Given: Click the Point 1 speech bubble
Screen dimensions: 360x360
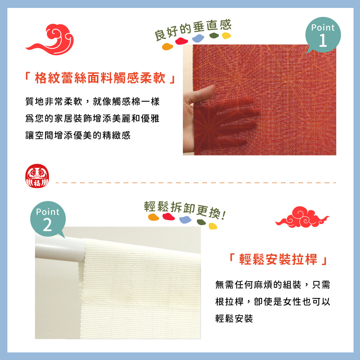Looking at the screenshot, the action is tap(323, 35).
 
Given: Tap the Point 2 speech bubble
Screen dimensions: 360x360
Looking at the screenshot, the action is tap(48, 219).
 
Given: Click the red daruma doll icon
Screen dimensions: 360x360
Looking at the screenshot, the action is tap(37, 176).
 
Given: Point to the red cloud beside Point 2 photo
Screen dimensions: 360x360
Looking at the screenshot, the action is tap(302, 217).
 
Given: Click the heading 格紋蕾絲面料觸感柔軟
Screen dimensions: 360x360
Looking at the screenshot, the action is tap(100, 78).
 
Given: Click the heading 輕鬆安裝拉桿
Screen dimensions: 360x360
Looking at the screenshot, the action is tap(278, 260).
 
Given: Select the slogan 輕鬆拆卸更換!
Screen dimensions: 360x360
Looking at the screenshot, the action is tap(185, 210).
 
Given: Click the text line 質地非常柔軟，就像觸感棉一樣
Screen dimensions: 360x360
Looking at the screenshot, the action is tap(92, 102).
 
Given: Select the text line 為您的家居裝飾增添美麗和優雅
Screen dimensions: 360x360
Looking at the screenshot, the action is tap(92, 118).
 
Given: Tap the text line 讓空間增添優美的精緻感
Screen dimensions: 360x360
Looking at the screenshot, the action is tap(78, 135).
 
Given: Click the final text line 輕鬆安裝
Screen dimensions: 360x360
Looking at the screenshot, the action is tap(234, 319).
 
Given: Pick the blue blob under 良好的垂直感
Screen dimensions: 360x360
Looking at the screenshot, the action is tap(198, 39).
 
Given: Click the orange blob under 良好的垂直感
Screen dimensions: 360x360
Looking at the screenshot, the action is tap(167, 46).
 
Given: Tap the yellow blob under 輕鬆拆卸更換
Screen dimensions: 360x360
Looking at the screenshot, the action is tap(213, 226).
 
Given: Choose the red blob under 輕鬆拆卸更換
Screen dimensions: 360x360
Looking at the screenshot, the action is tap(168, 216).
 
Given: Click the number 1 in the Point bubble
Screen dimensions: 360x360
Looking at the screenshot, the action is tap(323, 40).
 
